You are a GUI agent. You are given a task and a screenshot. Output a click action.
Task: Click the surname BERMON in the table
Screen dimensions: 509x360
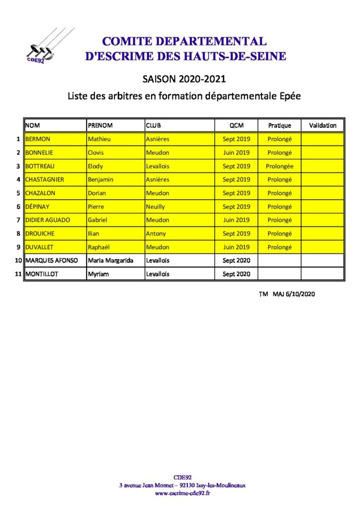coord(38,139)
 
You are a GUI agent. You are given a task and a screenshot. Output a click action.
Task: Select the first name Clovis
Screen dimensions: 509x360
coord(95,153)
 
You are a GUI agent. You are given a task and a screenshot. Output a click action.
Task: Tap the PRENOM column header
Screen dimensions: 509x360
coord(100,126)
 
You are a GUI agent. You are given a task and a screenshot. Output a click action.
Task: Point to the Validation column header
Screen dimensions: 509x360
coord(322,126)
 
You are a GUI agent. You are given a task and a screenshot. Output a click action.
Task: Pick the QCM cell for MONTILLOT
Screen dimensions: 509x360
coord(236,274)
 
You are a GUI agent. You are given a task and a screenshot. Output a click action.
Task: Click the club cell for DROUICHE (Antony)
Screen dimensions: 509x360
coord(156,234)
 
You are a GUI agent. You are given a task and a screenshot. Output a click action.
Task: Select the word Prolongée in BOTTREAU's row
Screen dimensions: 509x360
coord(279,166)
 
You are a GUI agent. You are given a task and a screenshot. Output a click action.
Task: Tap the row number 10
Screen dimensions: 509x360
coord(18,260)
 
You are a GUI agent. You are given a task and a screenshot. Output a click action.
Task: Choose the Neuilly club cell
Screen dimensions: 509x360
coord(156,207)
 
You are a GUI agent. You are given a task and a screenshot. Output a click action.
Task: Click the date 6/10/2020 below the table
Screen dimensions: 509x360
coord(301,294)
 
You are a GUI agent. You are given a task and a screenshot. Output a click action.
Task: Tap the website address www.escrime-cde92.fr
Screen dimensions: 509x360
coord(182,493)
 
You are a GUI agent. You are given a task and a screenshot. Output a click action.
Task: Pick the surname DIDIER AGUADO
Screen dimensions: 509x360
coord(48,220)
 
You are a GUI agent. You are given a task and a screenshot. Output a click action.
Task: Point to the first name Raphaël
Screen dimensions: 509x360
coord(99,247)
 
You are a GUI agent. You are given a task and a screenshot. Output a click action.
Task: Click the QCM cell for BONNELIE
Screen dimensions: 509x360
coord(236,153)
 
